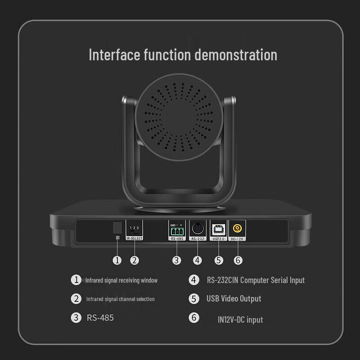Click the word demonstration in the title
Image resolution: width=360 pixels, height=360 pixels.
tap(236, 55)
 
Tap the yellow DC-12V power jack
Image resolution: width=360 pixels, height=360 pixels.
tap(236, 228)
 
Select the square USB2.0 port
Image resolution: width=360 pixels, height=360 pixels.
tap(218, 228)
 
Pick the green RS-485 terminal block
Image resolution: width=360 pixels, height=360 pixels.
tap(177, 230)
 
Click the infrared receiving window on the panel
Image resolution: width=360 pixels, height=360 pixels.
tap(117, 227)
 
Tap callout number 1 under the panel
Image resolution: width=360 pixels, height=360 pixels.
tap(117, 260)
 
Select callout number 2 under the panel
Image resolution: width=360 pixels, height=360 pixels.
tap(134, 260)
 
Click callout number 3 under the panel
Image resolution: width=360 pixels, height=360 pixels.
tap(177, 260)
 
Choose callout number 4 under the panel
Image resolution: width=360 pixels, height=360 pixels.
tap(198, 260)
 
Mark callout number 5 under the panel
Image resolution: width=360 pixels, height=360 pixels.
tap(219, 260)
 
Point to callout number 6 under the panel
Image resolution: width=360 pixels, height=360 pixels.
tap(238, 260)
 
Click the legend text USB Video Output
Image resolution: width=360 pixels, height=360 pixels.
tap(234, 298)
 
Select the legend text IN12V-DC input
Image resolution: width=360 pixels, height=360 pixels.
tap(240, 319)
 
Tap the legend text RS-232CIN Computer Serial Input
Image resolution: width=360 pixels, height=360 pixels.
tap(256, 280)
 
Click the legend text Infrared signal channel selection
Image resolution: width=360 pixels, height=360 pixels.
tap(120, 299)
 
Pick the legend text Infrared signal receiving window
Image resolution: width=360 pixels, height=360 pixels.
tap(121, 280)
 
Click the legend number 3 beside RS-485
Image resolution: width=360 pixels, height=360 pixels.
tap(76, 317)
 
